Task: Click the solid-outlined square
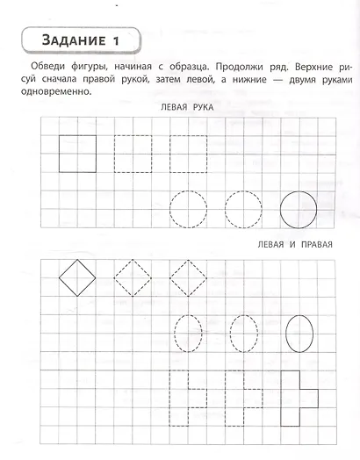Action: tap(77, 154)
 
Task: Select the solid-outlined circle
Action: tap(299, 209)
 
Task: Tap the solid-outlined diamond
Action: tap(77, 278)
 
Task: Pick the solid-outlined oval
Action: tap(299, 334)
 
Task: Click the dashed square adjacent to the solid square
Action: tap(133, 154)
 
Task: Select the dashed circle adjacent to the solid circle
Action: tap(243, 209)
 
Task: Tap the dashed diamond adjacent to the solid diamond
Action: tap(133, 278)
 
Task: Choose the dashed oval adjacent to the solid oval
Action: tap(243, 334)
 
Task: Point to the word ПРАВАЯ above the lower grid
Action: tap(309, 244)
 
